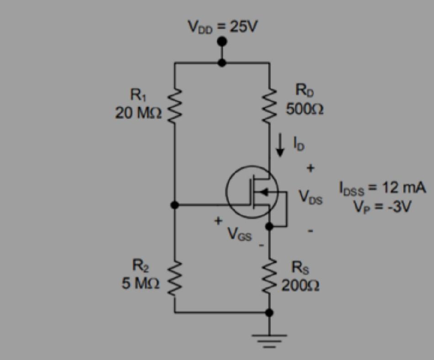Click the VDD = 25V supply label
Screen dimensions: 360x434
click(x=222, y=27)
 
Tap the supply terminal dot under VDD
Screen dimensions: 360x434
click(x=222, y=42)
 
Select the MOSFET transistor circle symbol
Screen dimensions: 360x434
click(x=252, y=192)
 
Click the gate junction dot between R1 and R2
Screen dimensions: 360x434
click(x=175, y=205)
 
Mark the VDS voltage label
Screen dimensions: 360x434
click(x=311, y=197)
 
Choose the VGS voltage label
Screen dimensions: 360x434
click(x=239, y=234)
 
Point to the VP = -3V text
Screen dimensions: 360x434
click(x=382, y=206)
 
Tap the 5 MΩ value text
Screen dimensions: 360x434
click(x=140, y=283)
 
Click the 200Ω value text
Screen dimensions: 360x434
click(x=300, y=286)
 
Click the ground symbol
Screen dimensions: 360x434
click(x=269, y=339)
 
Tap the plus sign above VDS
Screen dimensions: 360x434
click(x=311, y=169)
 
